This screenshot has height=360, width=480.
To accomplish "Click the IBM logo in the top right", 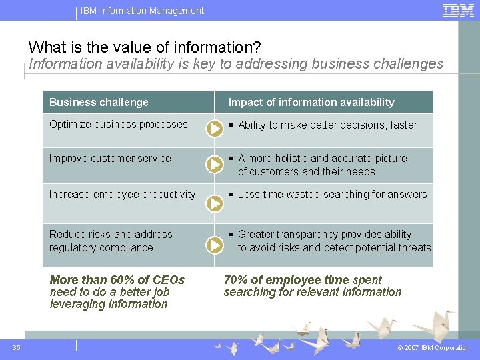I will click(x=459, y=10).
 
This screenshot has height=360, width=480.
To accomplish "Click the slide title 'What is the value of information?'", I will click(x=145, y=47).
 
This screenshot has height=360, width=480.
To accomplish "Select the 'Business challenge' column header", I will click(x=99, y=102).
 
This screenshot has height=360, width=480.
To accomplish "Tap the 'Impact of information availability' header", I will click(x=311, y=102).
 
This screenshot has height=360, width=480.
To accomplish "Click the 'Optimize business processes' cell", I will click(x=119, y=124).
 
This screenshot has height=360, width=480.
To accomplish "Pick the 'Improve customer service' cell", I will click(x=110, y=158).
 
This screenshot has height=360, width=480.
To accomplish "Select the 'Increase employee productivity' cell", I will click(x=123, y=194).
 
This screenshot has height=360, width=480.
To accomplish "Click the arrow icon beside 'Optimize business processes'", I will click(x=214, y=129).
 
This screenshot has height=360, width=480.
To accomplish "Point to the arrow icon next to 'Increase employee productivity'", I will click(x=214, y=204).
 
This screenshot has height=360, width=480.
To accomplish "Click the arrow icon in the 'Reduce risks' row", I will click(x=214, y=245).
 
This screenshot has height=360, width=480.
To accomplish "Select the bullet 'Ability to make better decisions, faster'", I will click(x=327, y=125).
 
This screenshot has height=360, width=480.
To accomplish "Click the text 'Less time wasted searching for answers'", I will click(x=332, y=194).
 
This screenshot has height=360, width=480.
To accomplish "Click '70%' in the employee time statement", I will click(x=235, y=280).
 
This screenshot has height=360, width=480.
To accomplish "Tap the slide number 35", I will click(x=17, y=347).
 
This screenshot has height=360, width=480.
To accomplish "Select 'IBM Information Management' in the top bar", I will click(x=143, y=11).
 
